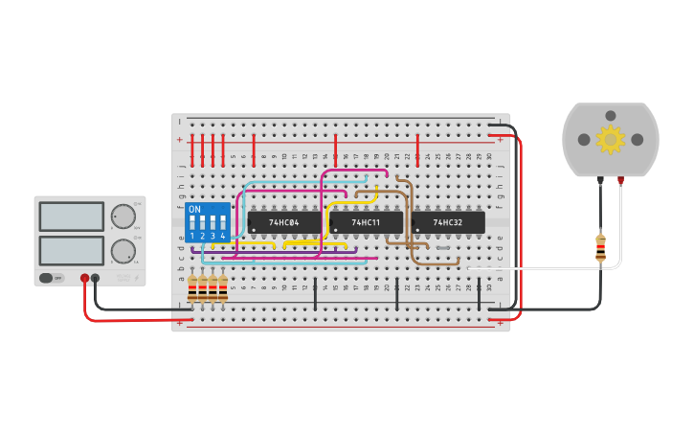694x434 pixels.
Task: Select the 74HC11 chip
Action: pos(366,222)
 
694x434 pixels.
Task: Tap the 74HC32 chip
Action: pos(448,222)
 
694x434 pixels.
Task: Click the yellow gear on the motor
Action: pos(610,140)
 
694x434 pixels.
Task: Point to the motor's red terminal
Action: pos(620,179)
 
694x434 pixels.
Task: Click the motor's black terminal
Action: pos(600,179)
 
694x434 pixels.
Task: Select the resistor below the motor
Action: pos(600,247)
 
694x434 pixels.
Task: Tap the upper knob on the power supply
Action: pos(123,217)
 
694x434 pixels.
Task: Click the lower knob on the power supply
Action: pos(123,252)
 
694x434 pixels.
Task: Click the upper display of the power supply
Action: pos(71,217)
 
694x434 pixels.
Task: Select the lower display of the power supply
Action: pos(71,251)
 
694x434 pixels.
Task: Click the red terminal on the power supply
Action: pos(84,278)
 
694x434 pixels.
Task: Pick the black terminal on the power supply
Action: pos(95,278)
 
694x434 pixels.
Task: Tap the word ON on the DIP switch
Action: pos(194,209)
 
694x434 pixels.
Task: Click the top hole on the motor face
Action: pos(610,115)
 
